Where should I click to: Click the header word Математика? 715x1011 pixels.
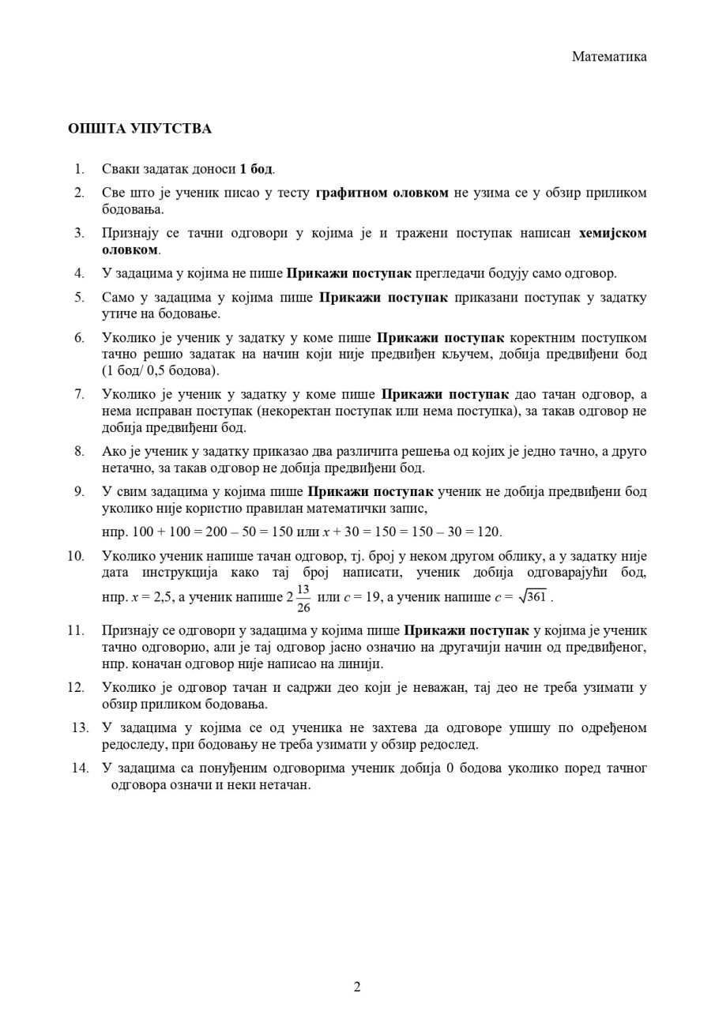[x=609, y=56]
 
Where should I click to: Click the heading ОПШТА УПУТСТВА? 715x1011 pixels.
[x=140, y=128]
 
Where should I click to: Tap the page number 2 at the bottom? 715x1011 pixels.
[x=357, y=987]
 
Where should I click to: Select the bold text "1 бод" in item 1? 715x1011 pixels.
[x=257, y=168]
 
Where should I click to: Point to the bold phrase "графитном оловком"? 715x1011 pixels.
[x=382, y=193]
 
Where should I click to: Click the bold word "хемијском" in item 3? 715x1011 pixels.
[x=612, y=233]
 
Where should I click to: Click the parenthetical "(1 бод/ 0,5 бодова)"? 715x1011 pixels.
[x=161, y=370]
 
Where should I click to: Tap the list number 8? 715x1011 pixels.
[x=79, y=451]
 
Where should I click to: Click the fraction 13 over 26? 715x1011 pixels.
[x=303, y=598]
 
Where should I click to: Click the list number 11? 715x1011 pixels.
[x=76, y=630]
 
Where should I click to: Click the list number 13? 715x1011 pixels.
[x=80, y=727]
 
